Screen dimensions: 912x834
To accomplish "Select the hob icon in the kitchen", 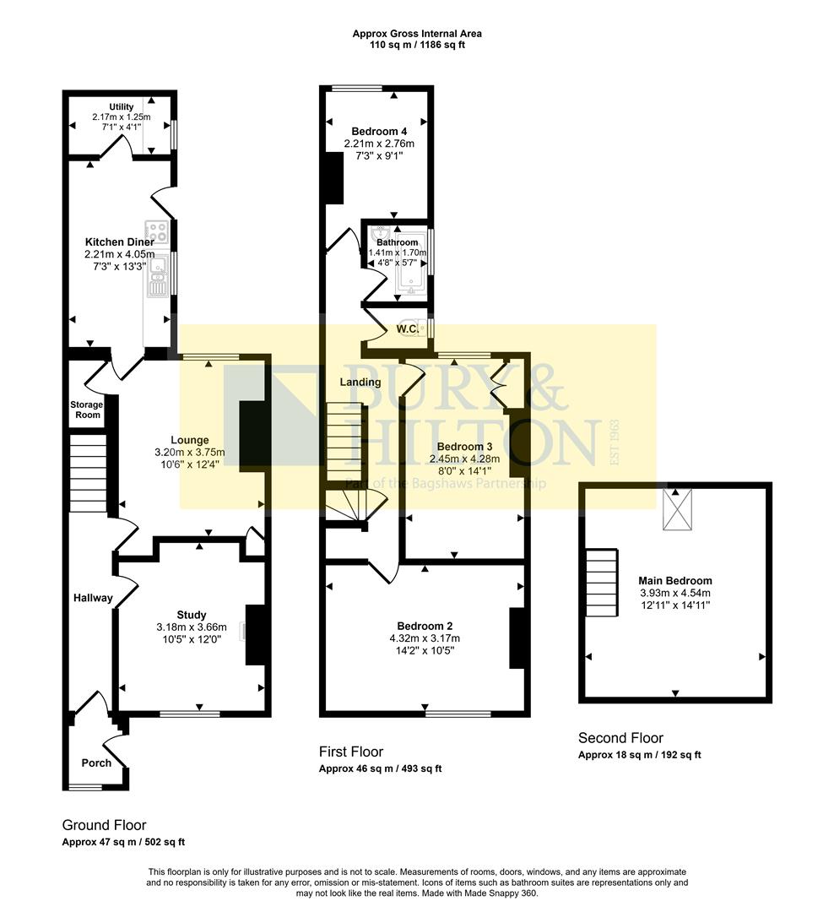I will [x=157, y=231].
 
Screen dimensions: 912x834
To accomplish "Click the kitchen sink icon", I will [x=157, y=278].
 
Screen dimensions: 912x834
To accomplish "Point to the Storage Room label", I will [x=86, y=410].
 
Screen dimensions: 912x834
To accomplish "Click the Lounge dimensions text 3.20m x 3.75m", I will [x=190, y=452].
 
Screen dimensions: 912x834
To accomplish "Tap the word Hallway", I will [x=92, y=598].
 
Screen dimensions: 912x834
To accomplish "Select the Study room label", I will [x=192, y=615].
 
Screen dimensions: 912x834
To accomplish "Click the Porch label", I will [x=95, y=763].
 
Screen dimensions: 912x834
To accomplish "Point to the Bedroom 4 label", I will [x=380, y=132].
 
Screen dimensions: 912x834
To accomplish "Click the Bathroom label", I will [x=397, y=242].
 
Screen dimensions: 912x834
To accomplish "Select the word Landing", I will [x=360, y=382].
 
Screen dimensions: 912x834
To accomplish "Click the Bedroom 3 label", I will [x=464, y=446].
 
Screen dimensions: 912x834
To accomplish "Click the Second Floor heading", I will [x=620, y=738].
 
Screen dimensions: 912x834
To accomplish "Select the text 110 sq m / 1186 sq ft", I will [x=417, y=45].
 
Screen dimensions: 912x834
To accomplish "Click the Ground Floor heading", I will [x=104, y=825].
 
